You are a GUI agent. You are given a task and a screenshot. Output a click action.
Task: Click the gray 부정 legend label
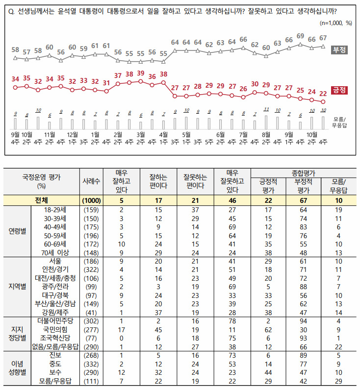click(339, 50)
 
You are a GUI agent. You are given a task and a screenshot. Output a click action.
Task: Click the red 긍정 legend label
click(339, 90)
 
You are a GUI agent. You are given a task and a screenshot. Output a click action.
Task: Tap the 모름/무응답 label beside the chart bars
click(339, 122)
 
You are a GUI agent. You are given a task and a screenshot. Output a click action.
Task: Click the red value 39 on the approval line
click(141, 73)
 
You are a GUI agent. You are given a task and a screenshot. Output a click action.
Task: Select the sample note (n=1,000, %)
click(335, 23)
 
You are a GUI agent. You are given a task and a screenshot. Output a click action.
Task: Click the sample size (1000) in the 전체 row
click(91, 200)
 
